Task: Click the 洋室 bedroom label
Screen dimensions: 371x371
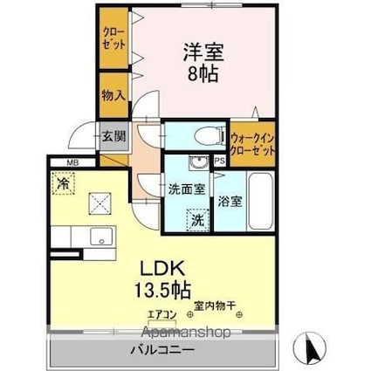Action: pos(203,52)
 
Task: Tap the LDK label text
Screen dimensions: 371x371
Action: pos(162,269)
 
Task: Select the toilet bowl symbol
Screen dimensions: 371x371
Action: pos(210,136)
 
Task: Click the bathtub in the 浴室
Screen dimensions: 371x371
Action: pos(261,201)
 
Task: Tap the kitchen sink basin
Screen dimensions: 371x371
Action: pos(101,237)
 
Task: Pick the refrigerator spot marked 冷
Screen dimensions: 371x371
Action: pos(64,183)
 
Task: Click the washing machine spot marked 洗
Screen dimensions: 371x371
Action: pos(197,220)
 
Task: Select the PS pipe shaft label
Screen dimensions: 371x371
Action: pos(220,161)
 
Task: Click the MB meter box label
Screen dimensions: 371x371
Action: pos(72,163)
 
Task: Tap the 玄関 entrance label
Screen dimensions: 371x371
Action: pos(113,136)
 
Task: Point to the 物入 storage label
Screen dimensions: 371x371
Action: pos(113,95)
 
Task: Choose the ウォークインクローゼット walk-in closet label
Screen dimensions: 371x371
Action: pos(252,144)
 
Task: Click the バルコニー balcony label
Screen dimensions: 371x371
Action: pos(162,350)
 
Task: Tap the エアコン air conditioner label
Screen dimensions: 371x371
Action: pos(162,315)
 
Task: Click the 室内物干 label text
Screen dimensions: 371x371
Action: pos(215,306)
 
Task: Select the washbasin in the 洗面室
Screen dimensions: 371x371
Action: pos(198,162)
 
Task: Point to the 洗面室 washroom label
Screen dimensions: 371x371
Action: pos(188,189)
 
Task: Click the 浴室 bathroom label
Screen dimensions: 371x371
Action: pos(230,202)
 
